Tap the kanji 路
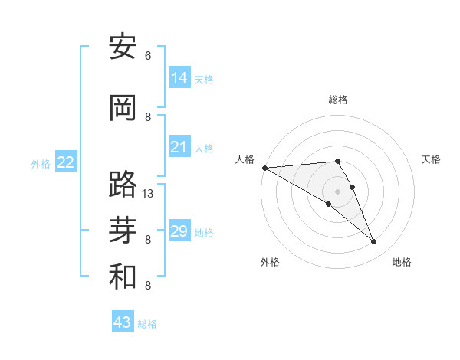coord(123,184)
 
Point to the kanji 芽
coord(123,230)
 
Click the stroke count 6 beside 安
coord(148,55)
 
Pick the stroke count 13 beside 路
coord(148,194)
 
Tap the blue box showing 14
coord(179,78)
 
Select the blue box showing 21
coord(179,147)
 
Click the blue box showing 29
coord(179,231)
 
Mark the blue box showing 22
coord(65,162)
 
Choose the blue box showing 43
coord(122,322)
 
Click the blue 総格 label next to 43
coord(147,324)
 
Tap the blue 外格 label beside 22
coord(41,164)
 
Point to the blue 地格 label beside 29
coord(204,233)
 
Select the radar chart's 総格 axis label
coord(338,100)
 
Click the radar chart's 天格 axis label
coord(431,159)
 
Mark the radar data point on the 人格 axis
coord(264,167)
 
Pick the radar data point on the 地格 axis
coord(374,242)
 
